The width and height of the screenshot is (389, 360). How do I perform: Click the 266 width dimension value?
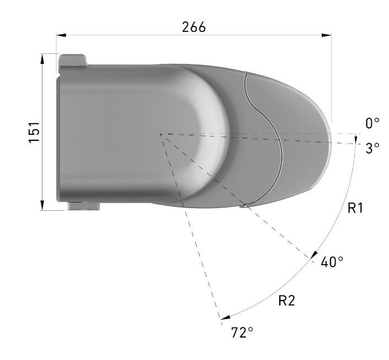pos(193,26)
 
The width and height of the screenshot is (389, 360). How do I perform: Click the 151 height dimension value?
pos(34,132)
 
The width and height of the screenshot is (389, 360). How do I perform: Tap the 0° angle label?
pos(372,123)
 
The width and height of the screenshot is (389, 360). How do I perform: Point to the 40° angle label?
pos(332,261)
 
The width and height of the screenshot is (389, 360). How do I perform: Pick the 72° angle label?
pos(242,332)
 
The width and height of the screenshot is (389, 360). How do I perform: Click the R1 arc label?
pos(355,208)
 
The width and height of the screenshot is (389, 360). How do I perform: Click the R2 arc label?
pos(287,301)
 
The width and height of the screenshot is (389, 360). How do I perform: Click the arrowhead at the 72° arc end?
pos(224,317)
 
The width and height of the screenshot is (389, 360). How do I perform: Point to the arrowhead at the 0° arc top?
pos(356,137)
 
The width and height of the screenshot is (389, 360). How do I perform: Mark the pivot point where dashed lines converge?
pos(160,133)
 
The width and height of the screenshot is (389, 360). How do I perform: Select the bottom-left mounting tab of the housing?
pos(83,206)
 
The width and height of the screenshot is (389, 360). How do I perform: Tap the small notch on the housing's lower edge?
pos(243,206)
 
